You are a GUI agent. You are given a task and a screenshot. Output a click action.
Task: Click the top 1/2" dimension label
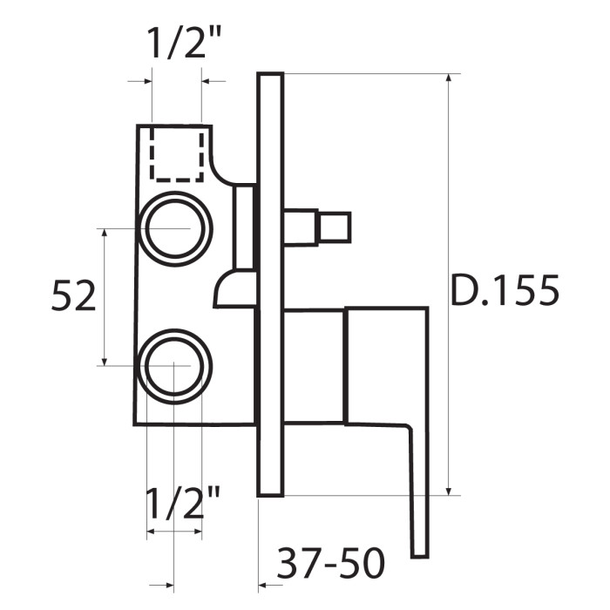(x=184, y=44)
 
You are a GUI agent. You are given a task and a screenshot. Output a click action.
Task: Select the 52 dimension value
(x=73, y=295)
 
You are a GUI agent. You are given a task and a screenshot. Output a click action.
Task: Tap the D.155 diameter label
(x=505, y=290)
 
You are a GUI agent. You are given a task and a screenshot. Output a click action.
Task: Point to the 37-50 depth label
(x=330, y=563)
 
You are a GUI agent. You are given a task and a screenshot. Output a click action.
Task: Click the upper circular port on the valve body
(x=176, y=193)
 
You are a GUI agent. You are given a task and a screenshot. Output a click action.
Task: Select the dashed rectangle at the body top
(x=177, y=180)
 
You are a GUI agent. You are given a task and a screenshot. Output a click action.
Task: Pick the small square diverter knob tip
(x=335, y=227)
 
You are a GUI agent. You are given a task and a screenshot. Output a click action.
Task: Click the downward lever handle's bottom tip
(x=420, y=557)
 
